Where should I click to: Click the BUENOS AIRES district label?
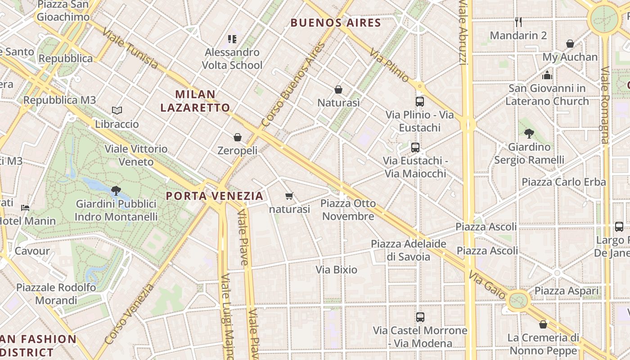click(x=336, y=22)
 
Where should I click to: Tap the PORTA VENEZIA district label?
click(x=215, y=196)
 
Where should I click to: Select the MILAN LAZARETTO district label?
click(x=195, y=101)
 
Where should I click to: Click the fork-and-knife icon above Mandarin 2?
click(x=518, y=22)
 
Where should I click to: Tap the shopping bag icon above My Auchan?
click(x=570, y=44)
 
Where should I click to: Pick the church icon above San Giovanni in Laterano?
click(x=547, y=75)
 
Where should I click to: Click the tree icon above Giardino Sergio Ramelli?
click(x=529, y=133)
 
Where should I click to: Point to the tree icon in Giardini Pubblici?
click(x=116, y=190)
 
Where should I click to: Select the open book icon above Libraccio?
click(x=117, y=110)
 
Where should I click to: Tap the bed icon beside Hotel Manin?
click(x=25, y=208)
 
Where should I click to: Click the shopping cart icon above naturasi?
click(x=289, y=196)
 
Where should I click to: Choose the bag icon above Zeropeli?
click(x=238, y=137)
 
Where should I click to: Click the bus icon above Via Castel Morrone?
click(x=420, y=317)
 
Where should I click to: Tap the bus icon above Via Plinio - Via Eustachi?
click(x=420, y=102)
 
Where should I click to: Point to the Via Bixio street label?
click(x=337, y=270)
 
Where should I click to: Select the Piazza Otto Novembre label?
click(x=348, y=210)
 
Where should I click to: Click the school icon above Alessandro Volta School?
click(x=232, y=39)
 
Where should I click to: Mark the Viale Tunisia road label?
click(x=130, y=49)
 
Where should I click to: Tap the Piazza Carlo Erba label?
click(x=563, y=182)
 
